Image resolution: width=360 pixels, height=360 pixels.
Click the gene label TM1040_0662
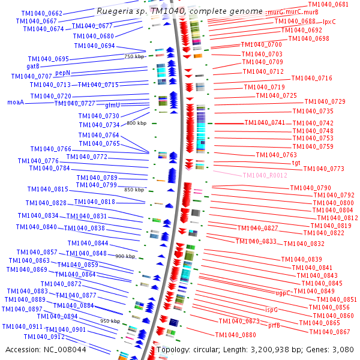(41, 13)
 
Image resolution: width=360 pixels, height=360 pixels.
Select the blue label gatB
(33, 66)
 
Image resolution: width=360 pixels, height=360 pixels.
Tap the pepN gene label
(63, 73)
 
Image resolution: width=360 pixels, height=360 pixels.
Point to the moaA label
(16, 103)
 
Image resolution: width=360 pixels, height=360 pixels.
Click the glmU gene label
(113, 105)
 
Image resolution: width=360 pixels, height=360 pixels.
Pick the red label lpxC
(329, 22)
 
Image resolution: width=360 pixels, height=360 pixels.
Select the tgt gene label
(296, 163)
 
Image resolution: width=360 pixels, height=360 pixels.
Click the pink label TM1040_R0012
(265, 175)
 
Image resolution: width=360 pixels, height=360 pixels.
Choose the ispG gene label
(272, 310)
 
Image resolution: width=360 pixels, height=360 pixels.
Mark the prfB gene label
(274, 325)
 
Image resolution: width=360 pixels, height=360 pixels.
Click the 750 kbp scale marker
(134, 56)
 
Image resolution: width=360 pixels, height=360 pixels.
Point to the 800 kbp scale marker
(137, 123)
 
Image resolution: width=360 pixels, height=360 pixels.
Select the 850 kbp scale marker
(134, 190)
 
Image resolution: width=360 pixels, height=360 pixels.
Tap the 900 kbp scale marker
(125, 256)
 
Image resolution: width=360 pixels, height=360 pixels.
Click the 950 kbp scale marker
(110, 321)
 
